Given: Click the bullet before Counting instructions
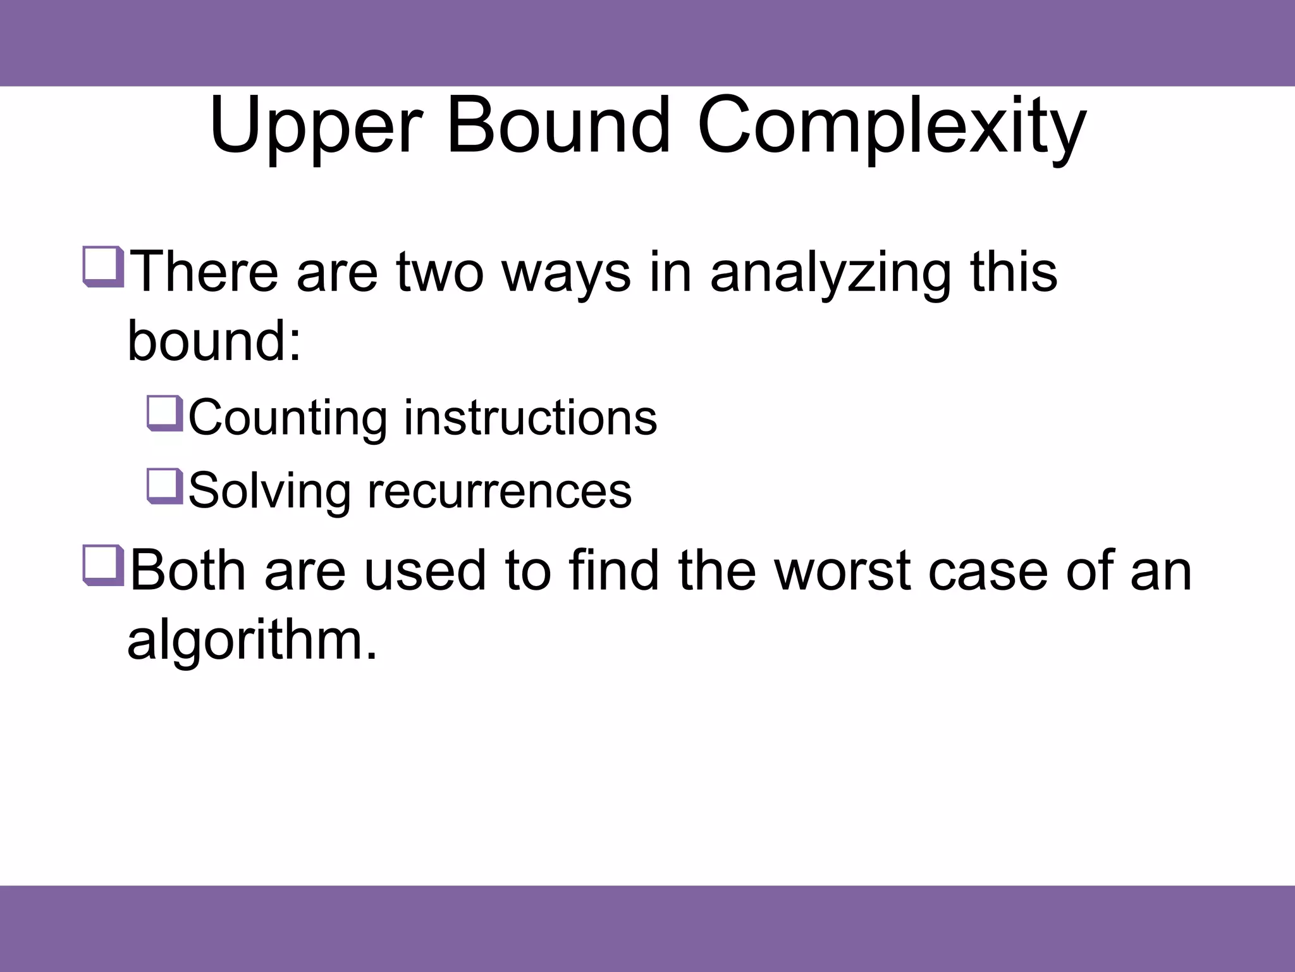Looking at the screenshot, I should pos(164,413).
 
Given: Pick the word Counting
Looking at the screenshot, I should pos(288,419).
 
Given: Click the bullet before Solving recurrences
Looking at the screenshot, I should pos(164,487).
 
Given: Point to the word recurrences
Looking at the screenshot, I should pos(500,491).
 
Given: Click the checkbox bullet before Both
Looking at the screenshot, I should pos(102,565).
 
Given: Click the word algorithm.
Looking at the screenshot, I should pos(252,640).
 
